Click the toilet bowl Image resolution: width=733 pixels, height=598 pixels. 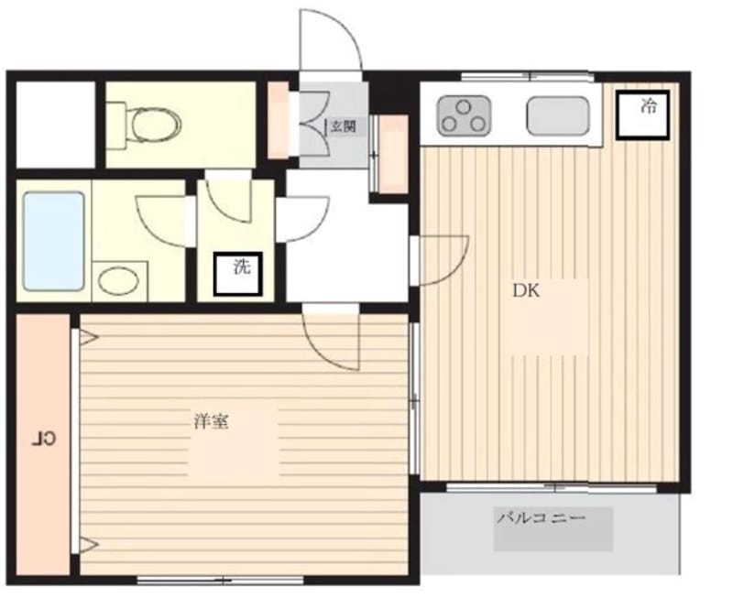[x=155, y=124]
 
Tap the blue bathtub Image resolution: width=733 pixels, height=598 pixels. [x=54, y=241]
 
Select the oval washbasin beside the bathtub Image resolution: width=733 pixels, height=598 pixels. [x=119, y=281]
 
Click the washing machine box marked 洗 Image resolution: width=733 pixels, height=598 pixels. [x=237, y=274]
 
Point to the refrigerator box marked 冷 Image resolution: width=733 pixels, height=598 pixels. [x=643, y=114]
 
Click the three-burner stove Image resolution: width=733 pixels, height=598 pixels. [x=464, y=115]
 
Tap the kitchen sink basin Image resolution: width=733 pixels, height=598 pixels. [x=557, y=116]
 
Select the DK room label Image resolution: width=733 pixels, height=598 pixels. [x=526, y=291]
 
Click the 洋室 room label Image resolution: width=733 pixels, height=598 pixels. [x=212, y=422]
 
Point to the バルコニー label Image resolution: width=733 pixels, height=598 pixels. [x=541, y=518]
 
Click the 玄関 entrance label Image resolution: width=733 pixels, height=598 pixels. [x=344, y=125]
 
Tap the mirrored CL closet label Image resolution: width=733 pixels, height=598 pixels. [x=43, y=440]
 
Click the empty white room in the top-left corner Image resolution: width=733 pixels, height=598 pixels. [x=56, y=125]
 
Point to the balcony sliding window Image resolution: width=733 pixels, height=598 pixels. [x=552, y=488]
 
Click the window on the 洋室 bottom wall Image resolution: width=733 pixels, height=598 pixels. [x=220, y=581]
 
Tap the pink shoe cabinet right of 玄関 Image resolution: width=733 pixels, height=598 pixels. [x=393, y=154]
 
